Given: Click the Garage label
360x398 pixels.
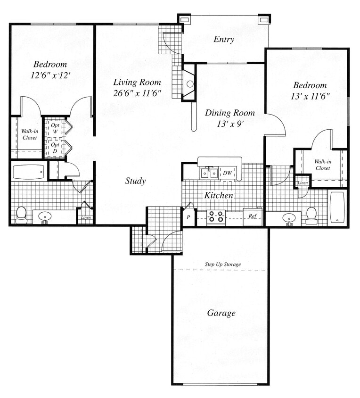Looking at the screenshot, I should click(221, 313).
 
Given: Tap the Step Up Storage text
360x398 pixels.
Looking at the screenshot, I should click(222, 265).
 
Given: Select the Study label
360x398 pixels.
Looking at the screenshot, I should click(135, 181).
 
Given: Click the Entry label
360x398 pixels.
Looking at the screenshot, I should click(224, 39).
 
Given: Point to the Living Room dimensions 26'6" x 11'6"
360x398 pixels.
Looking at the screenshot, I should click(137, 93).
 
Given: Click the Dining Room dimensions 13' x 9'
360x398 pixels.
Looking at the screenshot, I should click(230, 124).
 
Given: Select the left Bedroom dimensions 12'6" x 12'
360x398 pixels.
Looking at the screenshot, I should click(50, 75).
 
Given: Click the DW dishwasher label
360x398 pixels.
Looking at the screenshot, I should click(227, 174).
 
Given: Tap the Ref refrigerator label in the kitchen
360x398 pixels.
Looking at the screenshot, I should click(252, 216).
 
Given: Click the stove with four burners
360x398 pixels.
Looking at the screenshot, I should click(216, 217).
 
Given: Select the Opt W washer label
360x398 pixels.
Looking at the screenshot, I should click(55, 128).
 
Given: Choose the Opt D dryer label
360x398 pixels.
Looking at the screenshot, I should click(55, 148).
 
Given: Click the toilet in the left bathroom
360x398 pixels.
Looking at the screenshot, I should click(21, 215).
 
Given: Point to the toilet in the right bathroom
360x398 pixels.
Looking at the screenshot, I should click(311, 215).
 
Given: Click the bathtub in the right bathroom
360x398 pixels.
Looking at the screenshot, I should click(337, 207).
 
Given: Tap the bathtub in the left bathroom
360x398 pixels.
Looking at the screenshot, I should click(28, 172).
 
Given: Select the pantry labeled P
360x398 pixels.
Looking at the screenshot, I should click(188, 217).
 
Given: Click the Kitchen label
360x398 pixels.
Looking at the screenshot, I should click(218, 195).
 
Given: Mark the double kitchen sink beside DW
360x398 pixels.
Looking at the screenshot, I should click(209, 174).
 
